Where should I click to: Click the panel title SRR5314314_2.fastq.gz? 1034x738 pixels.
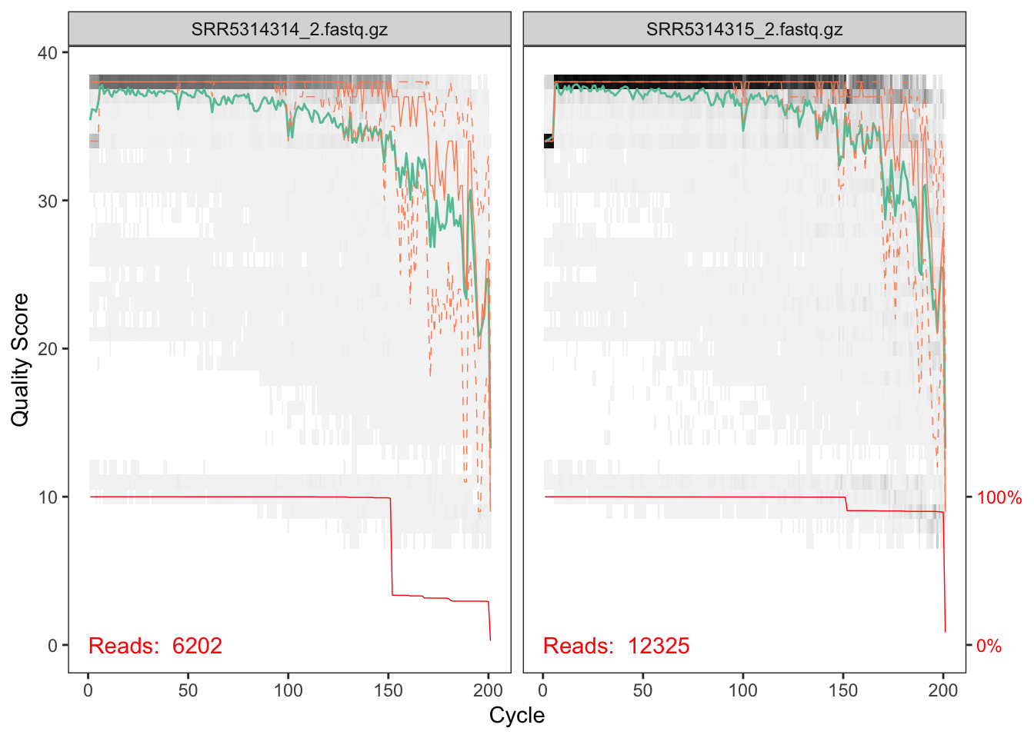click(x=289, y=30)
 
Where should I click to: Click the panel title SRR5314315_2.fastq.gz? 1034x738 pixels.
click(x=744, y=30)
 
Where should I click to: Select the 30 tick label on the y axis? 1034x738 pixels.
click(x=48, y=201)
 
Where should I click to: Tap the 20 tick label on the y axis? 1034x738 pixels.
click(x=48, y=349)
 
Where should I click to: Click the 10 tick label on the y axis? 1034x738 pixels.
click(x=48, y=497)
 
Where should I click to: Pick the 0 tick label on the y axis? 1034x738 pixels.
click(x=52, y=646)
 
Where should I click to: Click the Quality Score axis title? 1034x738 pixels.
click(x=20, y=359)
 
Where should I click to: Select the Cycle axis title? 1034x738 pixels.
click(x=517, y=716)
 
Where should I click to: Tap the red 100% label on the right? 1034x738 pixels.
click(x=999, y=498)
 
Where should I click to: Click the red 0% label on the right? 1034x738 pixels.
click(x=989, y=647)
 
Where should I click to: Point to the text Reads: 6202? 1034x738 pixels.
click(x=155, y=646)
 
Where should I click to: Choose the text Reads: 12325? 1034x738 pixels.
click(x=616, y=646)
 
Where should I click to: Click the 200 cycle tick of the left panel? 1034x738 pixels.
click(x=489, y=690)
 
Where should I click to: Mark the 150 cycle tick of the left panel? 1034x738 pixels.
click(x=389, y=690)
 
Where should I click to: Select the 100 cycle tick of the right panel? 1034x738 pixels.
click(x=743, y=690)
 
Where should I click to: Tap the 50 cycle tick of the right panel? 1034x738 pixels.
click(x=643, y=690)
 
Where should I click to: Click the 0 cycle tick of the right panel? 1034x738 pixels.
click(x=543, y=690)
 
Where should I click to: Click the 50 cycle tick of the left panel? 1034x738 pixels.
click(x=188, y=690)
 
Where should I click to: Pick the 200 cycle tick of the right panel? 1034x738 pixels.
click(x=943, y=690)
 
